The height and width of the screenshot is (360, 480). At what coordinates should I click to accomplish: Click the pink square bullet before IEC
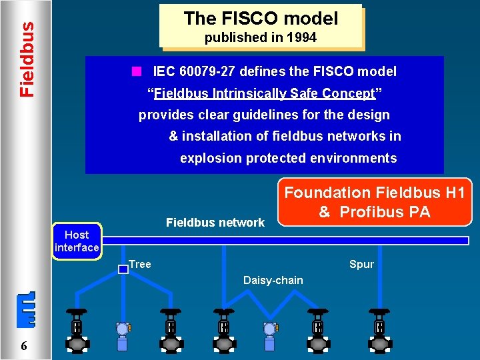coord(136,71)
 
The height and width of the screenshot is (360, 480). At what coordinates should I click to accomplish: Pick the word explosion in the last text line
coord(211,158)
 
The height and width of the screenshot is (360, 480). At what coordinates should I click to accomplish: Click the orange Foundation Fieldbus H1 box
coord(374,202)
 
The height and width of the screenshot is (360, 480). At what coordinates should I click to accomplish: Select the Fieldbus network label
coord(215,222)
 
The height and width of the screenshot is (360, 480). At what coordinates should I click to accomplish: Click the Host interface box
coord(77,241)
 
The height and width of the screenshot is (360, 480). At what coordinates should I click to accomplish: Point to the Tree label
coord(140,265)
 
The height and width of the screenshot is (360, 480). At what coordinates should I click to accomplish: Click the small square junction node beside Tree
coord(123,269)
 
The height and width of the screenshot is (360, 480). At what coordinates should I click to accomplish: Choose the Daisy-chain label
coord(273,281)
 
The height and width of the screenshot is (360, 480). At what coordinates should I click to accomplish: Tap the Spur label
coord(361,265)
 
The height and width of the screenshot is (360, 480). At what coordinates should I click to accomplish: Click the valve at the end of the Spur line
coord(379,328)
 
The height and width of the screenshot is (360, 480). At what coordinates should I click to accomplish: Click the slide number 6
coord(24,345)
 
